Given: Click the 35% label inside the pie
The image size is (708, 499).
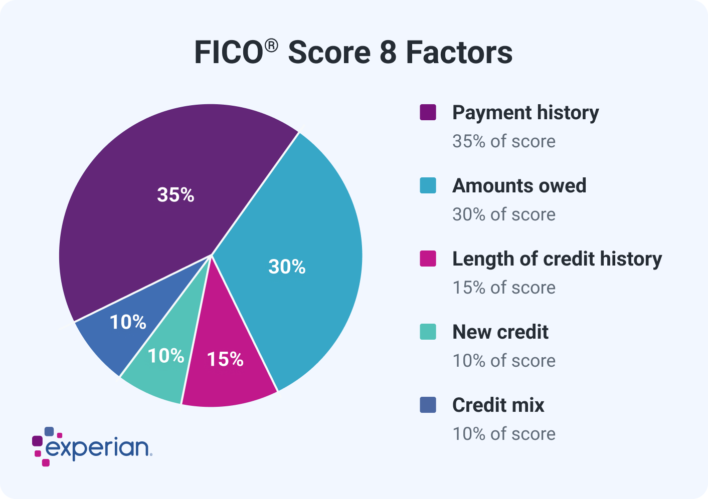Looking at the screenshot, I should coord(175,195).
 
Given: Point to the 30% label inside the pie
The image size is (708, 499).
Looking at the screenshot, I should coord(287,267).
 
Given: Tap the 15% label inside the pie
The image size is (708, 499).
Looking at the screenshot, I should coord(225,359).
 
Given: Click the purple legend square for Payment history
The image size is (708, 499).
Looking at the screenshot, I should coord(428,112).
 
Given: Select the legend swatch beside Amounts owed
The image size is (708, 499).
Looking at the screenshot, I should coord(428,185).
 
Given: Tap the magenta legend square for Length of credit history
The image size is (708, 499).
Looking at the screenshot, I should coord(428,259).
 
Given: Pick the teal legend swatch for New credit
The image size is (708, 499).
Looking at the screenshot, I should coord(428,332).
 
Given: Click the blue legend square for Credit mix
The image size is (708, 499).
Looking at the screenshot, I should coord(428,405).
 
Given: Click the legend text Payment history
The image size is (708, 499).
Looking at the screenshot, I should coord(525,113).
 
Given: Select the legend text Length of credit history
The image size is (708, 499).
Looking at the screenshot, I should coord(557,259).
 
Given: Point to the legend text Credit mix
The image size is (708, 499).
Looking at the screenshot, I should coord(498,405).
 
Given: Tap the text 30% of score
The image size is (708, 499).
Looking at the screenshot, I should coord(504,214).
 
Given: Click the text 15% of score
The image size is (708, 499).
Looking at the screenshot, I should coord(504,288).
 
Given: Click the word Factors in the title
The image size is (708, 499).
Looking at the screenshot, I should coord(459,53).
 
